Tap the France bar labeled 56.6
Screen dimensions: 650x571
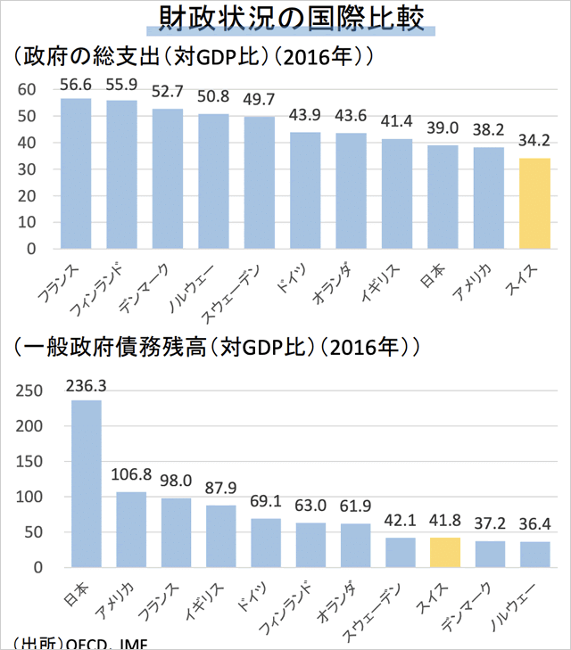coord(75,173)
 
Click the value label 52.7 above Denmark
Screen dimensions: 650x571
coord(167,91)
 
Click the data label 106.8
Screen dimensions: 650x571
coord(131,474)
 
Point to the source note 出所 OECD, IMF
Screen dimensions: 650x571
coord(80,643)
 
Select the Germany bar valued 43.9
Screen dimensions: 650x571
coord(305,190)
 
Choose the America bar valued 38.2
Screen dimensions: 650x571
coord(488,198)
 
